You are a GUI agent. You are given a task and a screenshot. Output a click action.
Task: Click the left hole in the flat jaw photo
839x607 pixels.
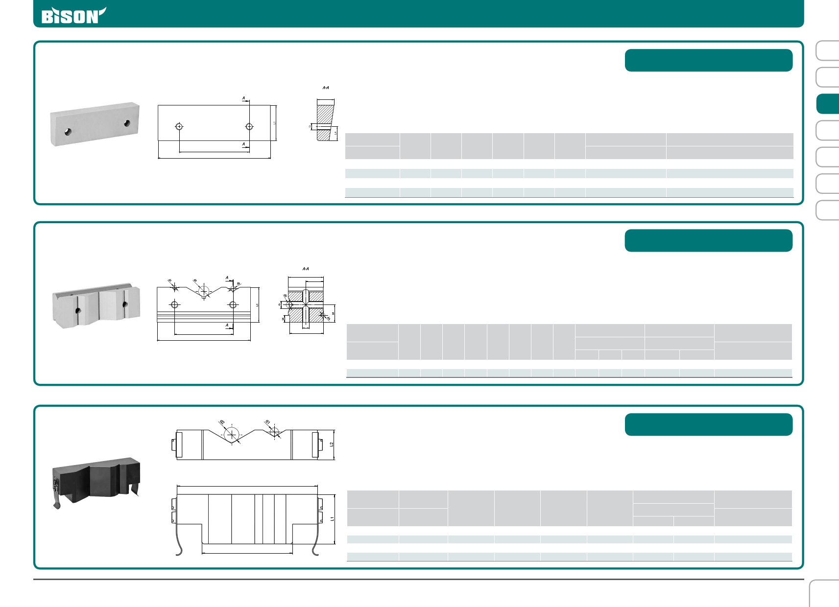(x=68, y=132)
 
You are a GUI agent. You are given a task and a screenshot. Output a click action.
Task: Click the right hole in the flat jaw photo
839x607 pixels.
(x=127, y=123)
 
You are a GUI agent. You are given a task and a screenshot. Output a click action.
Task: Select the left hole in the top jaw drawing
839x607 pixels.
(x=179, y=126)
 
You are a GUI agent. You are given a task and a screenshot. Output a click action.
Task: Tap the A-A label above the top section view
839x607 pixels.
(x=326, y=88)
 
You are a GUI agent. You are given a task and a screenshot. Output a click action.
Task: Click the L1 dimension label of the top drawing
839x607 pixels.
(x=275, y=122)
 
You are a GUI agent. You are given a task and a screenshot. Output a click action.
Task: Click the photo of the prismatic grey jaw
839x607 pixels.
(x=96, y=305)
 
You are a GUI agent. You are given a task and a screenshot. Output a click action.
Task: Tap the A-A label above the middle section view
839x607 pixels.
(x=306, y=269)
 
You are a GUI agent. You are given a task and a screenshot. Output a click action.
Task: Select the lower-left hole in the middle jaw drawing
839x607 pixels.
(x=175, y=304)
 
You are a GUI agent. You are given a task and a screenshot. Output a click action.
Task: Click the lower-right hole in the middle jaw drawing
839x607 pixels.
(x=233, y=304)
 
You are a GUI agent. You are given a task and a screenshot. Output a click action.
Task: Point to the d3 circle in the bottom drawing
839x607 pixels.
(x=231, y=434)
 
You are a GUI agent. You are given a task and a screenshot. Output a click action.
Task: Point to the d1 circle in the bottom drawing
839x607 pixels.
(x=274, y=432)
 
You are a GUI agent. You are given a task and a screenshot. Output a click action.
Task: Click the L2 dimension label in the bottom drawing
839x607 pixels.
(x=332, y=444)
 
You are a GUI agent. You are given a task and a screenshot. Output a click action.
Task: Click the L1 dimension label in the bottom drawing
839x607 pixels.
(x=332, y=518)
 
